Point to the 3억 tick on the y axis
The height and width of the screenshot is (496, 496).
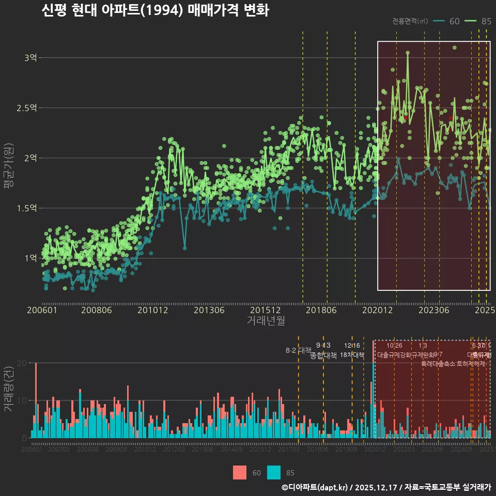pos(30,58)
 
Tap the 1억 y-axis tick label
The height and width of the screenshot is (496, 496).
pos(30,258)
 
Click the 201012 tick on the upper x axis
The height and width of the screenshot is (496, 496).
pos(153,311)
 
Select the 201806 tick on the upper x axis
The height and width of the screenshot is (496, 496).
pos(321,311)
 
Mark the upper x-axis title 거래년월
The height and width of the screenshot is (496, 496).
pos(266,321)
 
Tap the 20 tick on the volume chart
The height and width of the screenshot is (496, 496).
pos(22,363)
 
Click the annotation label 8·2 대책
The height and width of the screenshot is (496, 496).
pos(298,350)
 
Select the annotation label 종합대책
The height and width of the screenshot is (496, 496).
pos(323,355)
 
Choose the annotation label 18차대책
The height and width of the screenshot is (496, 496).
pos(352,355)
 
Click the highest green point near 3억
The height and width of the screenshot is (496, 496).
pos(408,53)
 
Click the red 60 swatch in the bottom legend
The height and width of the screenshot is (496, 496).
pos(240,473)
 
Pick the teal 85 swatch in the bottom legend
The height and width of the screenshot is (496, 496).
pos(274,473)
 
